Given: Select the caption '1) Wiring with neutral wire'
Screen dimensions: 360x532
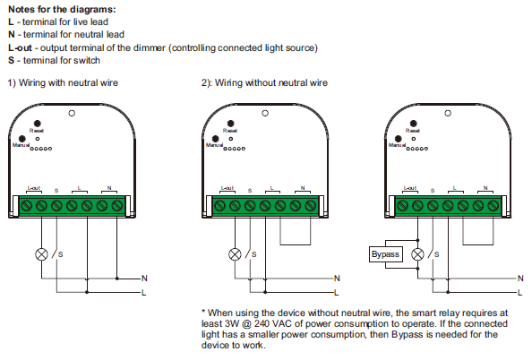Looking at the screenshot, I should point(63,82).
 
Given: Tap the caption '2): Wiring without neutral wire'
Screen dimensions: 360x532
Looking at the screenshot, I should point(264,82).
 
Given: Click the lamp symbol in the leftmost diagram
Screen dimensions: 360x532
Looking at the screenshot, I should point(40,253).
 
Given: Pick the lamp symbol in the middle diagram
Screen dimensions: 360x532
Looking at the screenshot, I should point(236,253).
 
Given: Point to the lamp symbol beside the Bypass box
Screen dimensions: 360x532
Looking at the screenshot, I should point(416,254).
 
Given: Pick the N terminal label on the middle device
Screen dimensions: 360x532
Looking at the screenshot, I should point(303,188).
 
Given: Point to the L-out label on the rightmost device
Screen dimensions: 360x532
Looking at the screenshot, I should point(411,188).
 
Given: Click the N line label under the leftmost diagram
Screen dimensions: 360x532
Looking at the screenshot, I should point(144,279).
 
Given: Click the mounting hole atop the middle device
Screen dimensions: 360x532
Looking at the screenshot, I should point(266,114).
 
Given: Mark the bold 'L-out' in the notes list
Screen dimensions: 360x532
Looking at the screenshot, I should point(18,47).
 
